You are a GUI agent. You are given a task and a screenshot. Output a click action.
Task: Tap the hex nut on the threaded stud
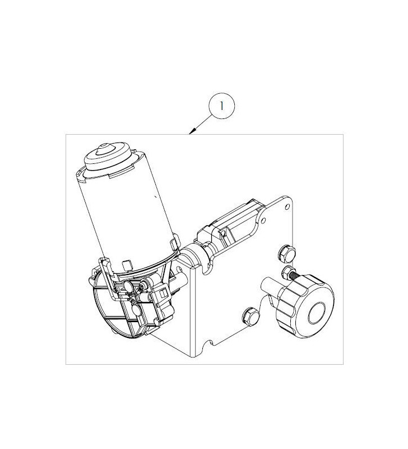coord(289,274)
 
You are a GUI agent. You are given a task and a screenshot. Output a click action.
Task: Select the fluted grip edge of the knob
coord(289,303)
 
